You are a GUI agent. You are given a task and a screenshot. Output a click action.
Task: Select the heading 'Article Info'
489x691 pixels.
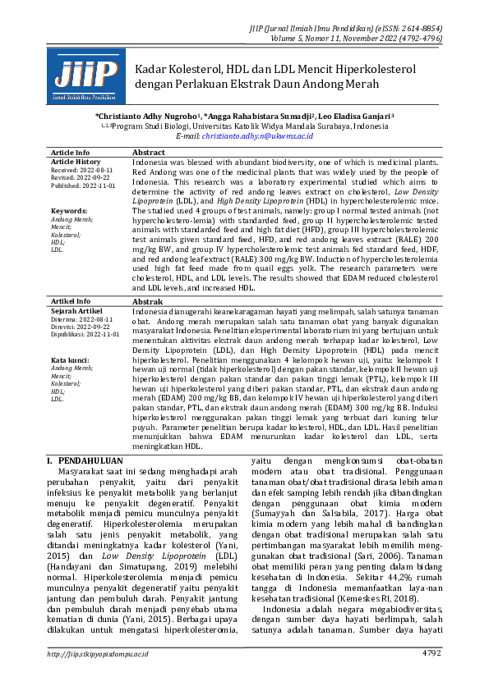[x=70, y=153]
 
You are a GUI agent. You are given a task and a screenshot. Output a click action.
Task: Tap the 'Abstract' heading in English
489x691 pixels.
[x=149, y=153]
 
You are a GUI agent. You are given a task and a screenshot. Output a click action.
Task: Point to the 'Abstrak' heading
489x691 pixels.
[x=147, y=302]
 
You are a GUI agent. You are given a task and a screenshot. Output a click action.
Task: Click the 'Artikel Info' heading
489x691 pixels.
[x=70, y=302]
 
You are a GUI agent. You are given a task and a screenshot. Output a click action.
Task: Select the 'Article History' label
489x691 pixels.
[x=76, y=162]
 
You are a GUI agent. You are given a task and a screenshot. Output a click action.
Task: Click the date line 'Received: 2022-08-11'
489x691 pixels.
[x=81, y=170]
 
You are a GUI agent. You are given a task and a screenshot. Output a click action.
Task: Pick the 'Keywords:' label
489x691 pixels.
[x=68, y=211]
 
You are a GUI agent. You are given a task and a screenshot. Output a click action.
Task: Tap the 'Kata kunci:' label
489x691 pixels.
[x=70, y=360]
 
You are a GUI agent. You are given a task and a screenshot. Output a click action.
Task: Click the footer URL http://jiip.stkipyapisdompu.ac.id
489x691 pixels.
[x=98, y=653]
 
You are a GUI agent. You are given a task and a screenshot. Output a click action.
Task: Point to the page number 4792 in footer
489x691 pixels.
[x=431, y=653]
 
